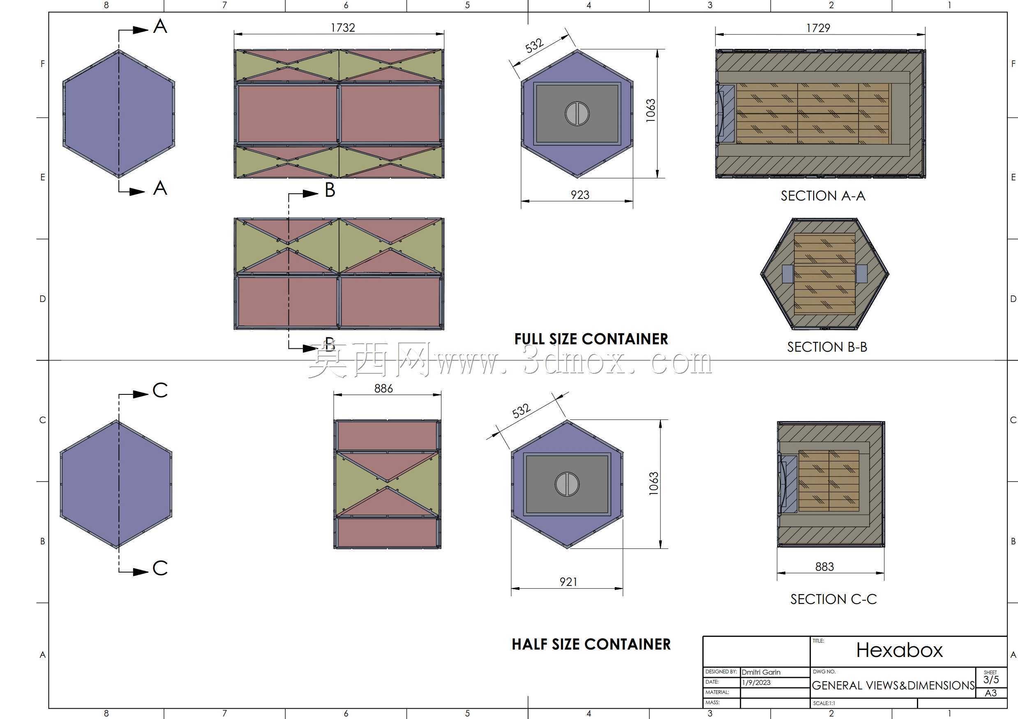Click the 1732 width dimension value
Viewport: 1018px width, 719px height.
click(x=343, y=28)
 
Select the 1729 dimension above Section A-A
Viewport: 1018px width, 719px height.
click(x=818, y=28)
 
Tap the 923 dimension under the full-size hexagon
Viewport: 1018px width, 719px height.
click(x=580, y=195)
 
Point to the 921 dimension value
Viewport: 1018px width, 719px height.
click(x=568, y=582)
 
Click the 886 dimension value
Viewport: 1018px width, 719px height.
click(x=383, y=388)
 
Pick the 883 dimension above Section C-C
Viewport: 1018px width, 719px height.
click(x=825, y=567)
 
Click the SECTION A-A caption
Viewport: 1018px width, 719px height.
click(x=823, y=196)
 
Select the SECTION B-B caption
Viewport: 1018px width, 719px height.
click(x=827, y=347)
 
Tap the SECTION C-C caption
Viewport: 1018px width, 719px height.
click(x=833, y=599)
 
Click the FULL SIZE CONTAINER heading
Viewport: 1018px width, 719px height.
click(x=591, y=339)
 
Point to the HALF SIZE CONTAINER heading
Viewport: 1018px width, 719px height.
click(x=591, y=645)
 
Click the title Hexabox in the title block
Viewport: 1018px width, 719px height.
click(x=899, y=650)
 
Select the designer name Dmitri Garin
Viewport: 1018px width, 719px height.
click(x=761, y=672)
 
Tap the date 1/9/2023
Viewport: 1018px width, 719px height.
click(x=756, y=682)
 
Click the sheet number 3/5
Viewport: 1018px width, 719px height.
click(x=991, y=680)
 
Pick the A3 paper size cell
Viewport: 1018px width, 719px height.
click(x=990, y=693)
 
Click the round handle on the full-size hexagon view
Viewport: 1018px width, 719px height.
click(x=577, y=113)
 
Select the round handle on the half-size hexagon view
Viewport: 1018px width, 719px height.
click(x=567, y=484)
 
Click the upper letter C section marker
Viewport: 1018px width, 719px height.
click(x=160, y=390)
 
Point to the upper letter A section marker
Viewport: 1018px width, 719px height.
click(x=160, y=26)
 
